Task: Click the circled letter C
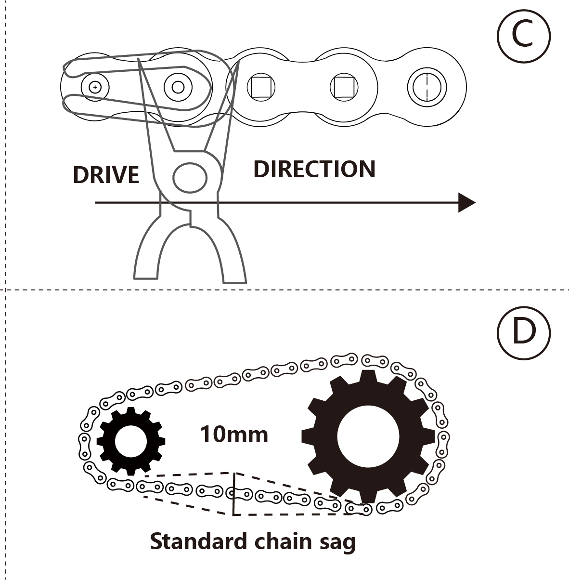(x=523, y=36)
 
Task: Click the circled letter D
(x=523, y=332)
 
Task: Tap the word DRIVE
(x=106, y=174)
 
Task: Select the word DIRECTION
(x=314, y=169)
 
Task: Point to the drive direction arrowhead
(x=466, y=202)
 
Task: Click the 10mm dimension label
(x=234, y=435)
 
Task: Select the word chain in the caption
(x=282, y=541)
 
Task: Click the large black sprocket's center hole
(x=368, y=436)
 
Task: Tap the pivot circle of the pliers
(x=190, y=177)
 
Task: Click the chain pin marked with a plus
(x=96, y=87)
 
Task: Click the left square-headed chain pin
(x=261, y=87)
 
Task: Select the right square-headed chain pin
(x=344, y=87)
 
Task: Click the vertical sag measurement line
(x=234, y=494)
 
